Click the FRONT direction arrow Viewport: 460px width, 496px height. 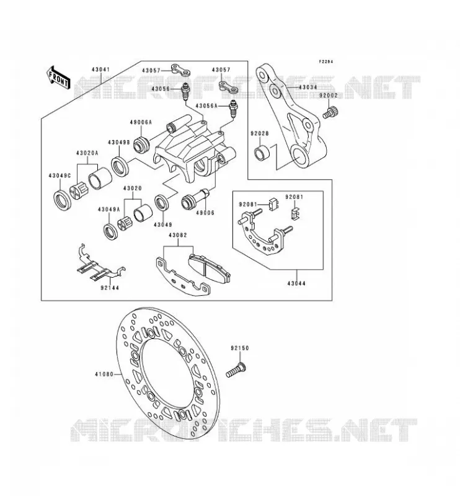(58, 78)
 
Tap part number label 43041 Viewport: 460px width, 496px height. (101, 69)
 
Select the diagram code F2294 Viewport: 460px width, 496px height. (326, 61)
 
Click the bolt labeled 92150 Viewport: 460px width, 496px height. (236, 370)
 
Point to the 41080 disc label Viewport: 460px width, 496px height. (104, 374)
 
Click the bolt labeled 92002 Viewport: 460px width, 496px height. (330, 113)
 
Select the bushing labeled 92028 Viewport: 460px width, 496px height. (262, 152)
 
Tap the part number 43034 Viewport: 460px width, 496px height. (307, 87)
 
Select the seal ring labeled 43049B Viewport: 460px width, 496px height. (120, 166)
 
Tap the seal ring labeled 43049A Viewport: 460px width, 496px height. (111, 231)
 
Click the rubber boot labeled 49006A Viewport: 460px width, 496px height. (142, 144)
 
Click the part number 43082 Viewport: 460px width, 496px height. (177, 236)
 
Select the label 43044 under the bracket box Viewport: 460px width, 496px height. (296, 283)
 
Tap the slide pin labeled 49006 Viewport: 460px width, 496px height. (195, 198)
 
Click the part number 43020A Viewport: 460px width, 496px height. (87, 153)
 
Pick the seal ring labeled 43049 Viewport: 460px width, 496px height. (162, 203)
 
